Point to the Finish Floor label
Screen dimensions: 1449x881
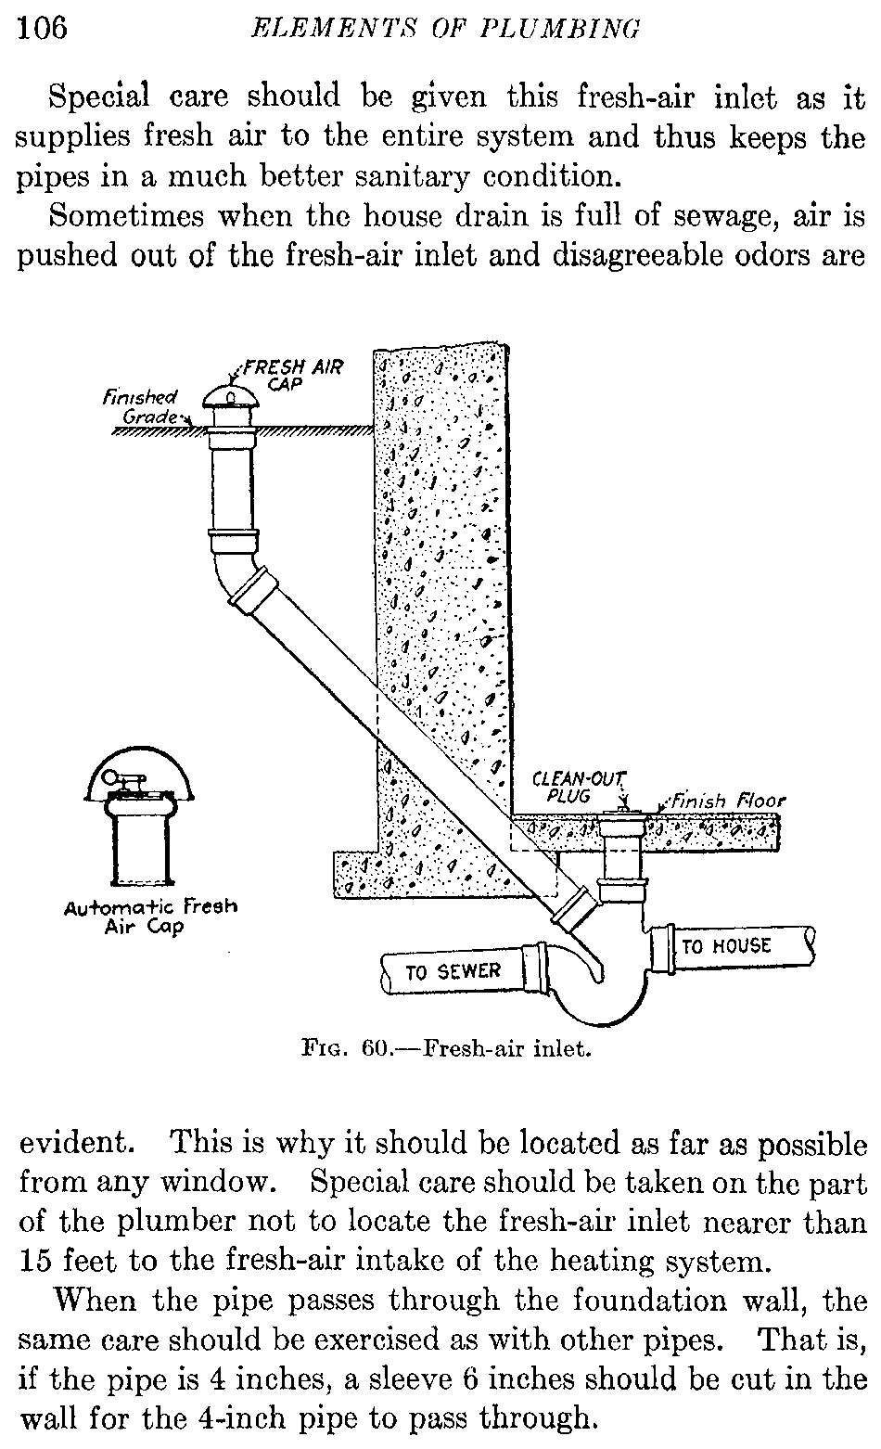click(728, 801)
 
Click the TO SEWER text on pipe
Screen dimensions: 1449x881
click(453, 971)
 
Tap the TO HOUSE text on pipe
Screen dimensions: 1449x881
click(726, 946)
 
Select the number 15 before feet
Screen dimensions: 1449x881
click(39, 1262)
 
